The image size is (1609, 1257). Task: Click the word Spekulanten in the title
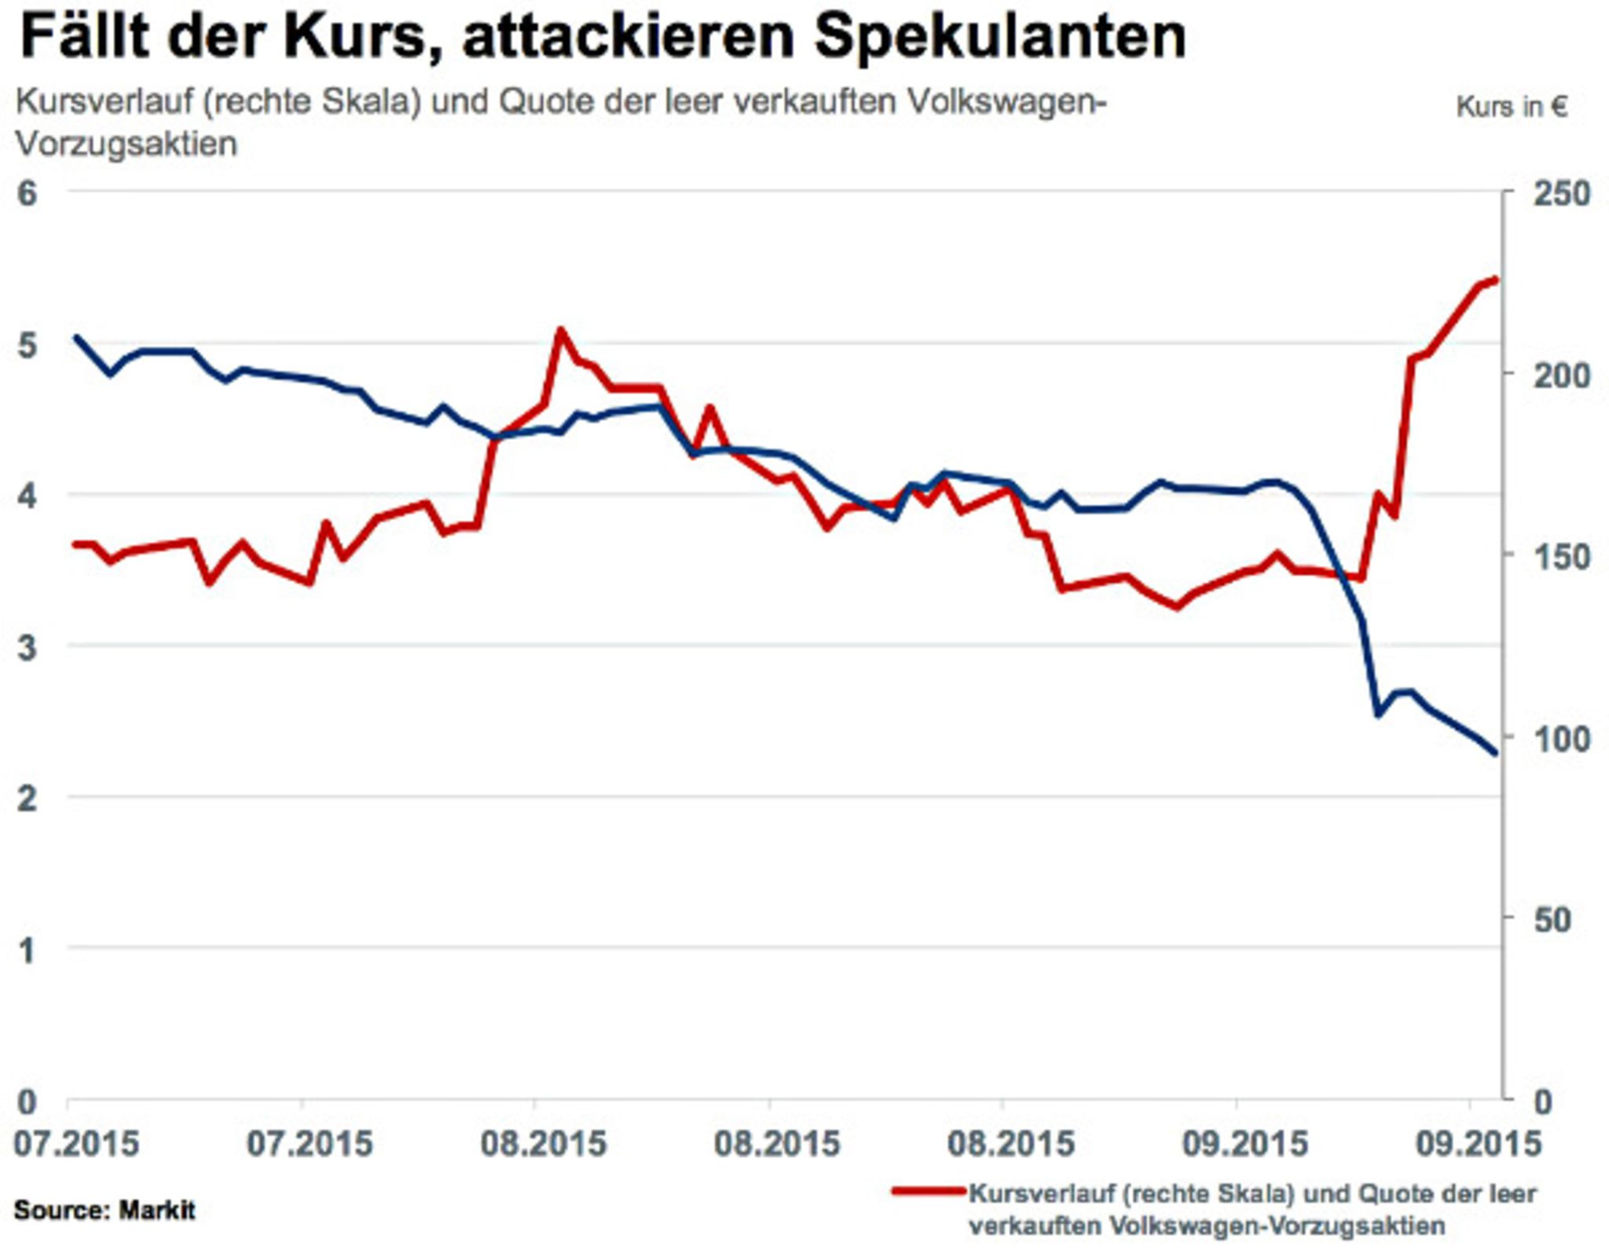[1000, 37]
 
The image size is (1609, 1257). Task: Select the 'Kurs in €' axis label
[1511, 107]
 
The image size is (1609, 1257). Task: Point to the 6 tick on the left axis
[27, 192]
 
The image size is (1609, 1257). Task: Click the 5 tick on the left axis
[27, 344]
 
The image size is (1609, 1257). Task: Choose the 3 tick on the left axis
[27, 647]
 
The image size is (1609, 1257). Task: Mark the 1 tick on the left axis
[27, 950]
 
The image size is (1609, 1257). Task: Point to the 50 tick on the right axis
[1552, 920]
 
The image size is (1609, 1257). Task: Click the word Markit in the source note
[156, 1210]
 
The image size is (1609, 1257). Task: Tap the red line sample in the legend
[928, 1192]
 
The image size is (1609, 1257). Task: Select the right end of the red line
[1495, 280]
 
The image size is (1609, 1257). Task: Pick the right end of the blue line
[1494, 753]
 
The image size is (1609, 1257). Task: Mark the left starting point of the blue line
[75, 338]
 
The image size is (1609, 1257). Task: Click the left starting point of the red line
[75, 544]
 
